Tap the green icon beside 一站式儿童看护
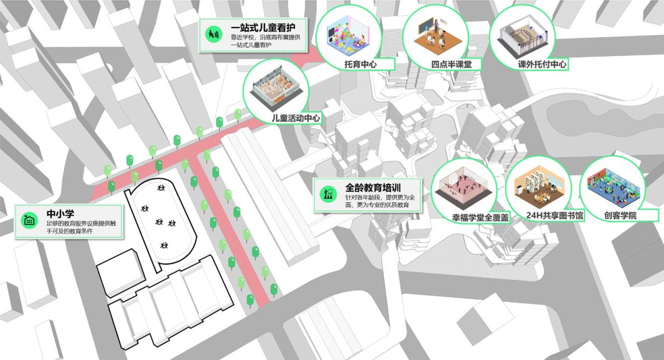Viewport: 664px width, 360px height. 212,33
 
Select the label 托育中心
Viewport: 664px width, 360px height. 361,65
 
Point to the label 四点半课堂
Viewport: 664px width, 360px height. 451,65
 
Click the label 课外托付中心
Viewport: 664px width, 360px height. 542,65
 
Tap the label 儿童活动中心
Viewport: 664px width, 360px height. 296,118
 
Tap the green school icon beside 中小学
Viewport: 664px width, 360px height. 30,220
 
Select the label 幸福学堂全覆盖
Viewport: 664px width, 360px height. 480,218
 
